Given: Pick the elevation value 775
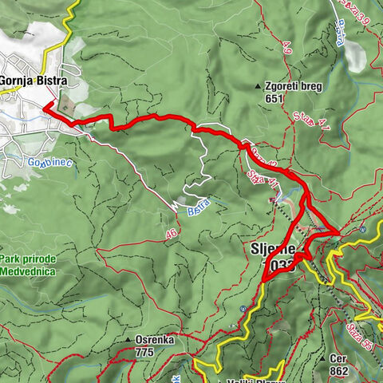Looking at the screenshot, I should (144, 352).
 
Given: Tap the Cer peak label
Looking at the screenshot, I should (344, 359).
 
